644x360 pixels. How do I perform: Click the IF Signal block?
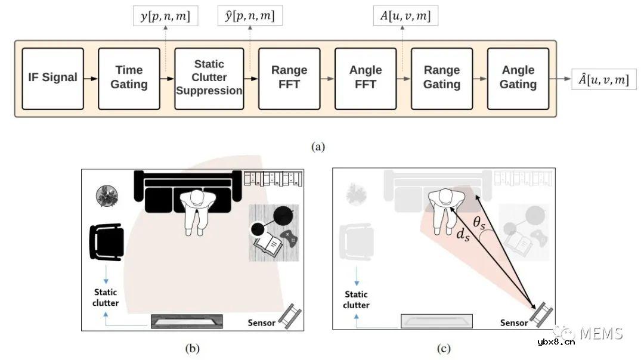52,78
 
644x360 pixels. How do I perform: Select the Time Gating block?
129,78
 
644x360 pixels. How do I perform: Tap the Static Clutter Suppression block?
209,78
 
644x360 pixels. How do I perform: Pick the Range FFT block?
289,78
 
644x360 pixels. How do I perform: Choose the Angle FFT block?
366,78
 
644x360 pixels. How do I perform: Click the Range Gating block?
442,78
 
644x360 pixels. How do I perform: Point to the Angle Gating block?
518,78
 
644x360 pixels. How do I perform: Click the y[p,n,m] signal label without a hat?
165,17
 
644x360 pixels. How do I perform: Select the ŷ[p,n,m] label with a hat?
250,17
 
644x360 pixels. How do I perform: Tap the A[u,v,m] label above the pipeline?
405,17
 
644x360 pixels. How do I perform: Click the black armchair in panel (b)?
106,242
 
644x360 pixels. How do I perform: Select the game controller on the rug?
289,239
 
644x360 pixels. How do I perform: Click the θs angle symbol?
480,223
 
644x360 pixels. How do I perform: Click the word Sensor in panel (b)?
261,322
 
